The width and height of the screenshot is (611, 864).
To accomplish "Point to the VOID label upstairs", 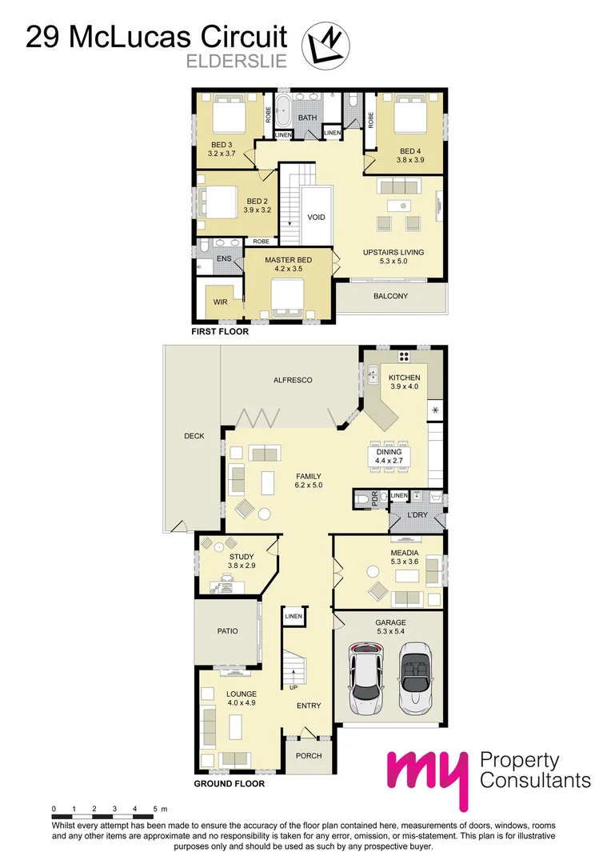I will click(x=317, y=217).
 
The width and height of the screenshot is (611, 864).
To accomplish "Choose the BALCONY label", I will click(x=390, y=296).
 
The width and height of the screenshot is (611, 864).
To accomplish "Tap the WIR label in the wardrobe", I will click(x=219, y=302).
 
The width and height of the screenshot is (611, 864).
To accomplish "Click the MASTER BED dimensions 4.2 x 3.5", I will click(x=288, y=270).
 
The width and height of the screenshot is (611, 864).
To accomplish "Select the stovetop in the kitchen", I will click(x=404, y=358).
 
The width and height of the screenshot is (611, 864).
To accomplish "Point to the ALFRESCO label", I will click(x=292, y=380).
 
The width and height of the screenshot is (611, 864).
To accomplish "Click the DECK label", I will click(x=194, y=436).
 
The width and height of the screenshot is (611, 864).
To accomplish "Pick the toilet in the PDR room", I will click(x=364, y=499).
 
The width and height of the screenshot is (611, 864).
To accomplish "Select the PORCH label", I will click(x=309, y=756).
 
